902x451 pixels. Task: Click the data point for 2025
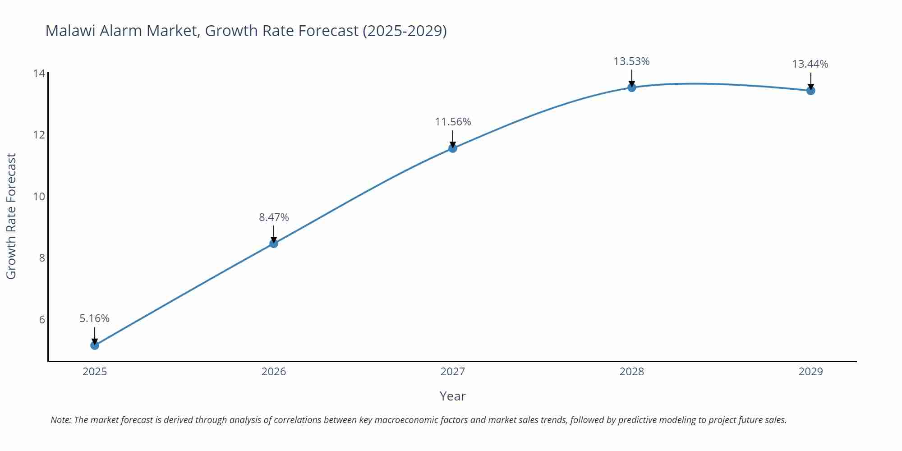click(95, 345)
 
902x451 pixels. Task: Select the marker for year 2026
click(274, 244)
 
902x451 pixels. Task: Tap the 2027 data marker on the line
click(453, 148)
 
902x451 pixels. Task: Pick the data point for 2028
click(632, 87)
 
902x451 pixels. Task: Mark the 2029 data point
click(810, 91)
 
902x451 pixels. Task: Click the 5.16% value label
click(95, 318)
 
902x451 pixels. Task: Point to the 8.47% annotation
click(274, 217)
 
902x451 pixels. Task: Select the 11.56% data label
click(453, 122)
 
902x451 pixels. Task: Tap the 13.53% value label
click(631, 61)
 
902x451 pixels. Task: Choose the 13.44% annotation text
click(810, 64)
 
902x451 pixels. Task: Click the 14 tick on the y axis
click(39, 73)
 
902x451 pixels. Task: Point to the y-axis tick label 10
click(39, 197)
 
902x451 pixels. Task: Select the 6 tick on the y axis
click(42, 320)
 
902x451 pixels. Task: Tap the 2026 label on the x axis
click(274, 372)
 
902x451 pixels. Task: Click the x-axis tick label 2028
click(631, 372)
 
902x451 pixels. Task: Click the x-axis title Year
click(452, 396)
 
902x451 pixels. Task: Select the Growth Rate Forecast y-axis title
click(11, 216)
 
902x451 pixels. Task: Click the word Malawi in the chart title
click(70, 31)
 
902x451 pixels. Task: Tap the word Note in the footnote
click(60, 420)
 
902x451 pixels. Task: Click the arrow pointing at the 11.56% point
click(453, 138)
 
